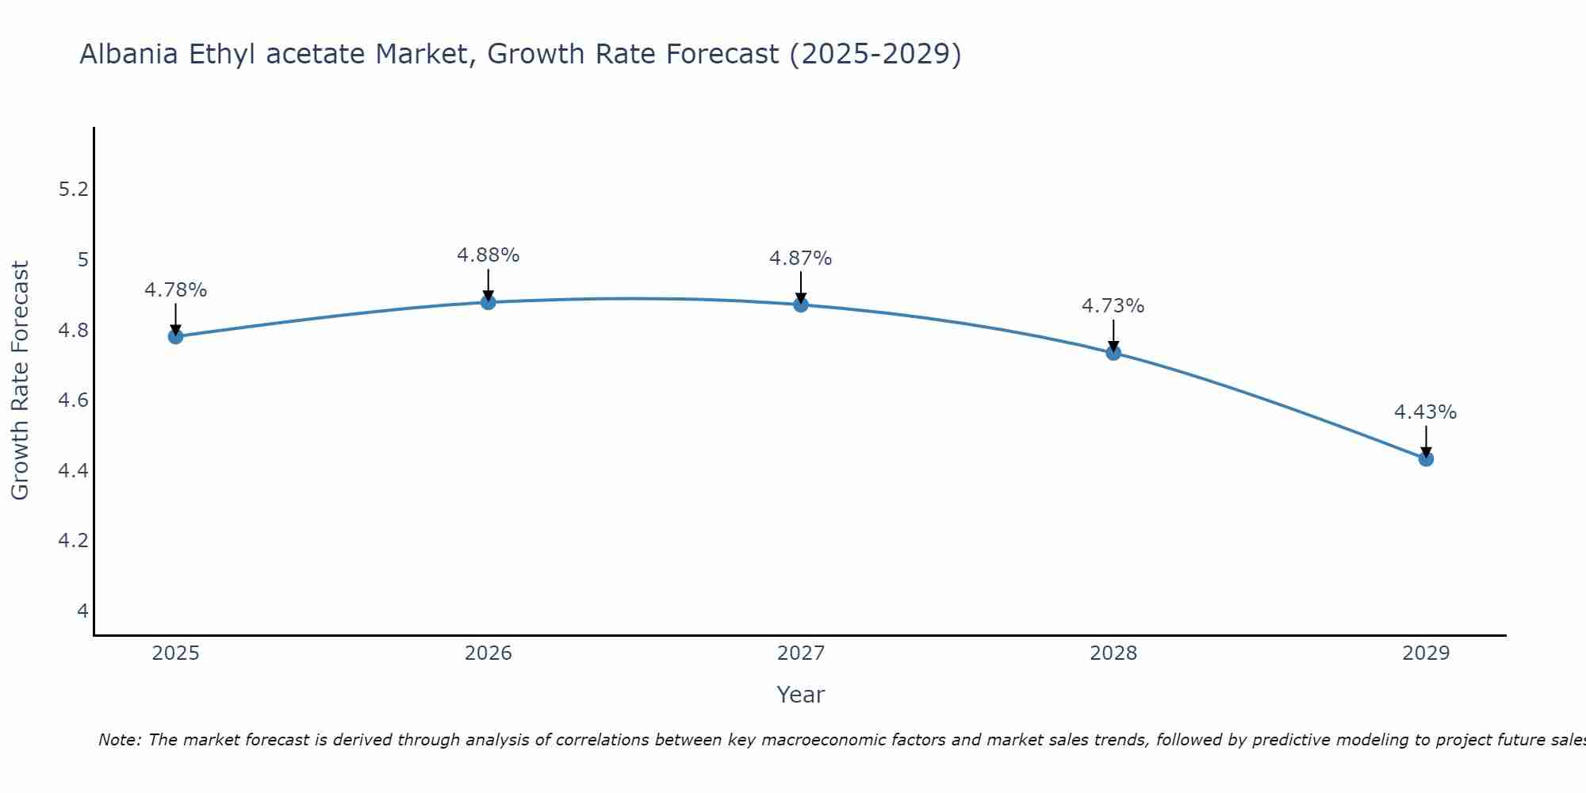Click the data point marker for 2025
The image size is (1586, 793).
[176, 336]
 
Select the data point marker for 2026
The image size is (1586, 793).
[488, 302]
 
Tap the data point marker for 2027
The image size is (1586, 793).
[801, 305]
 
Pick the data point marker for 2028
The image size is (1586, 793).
[1113, 353]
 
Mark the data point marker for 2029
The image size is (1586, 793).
[1426, 458]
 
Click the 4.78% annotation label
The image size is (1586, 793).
[176, 290]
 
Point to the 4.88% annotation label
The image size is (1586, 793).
[488, 255]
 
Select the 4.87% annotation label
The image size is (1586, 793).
[801, 259]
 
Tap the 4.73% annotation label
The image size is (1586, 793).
[1113, 306]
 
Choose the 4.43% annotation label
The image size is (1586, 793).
[1426, 412]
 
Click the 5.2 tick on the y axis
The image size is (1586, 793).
[74, 189]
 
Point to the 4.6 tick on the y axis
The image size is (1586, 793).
[74, 400]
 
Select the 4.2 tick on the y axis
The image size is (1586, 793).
[74, 541]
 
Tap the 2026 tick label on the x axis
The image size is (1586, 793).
[488, 653]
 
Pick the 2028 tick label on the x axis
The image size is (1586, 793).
[1113, 653]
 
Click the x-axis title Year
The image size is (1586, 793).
[801, 695]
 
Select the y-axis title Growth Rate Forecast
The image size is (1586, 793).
[21, 381]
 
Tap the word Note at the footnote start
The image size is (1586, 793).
[119, 740]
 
